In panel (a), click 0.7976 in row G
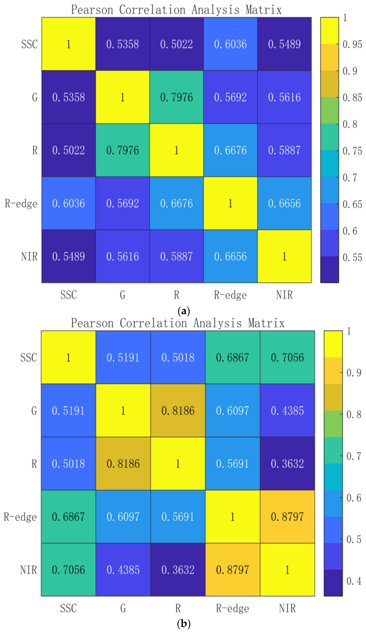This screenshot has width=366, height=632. coord(176,97)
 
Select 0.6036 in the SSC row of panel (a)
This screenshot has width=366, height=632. coord(230,44)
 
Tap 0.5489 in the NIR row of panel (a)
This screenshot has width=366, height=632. coord(68,256)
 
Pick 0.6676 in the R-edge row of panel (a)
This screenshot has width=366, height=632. coord(176,203)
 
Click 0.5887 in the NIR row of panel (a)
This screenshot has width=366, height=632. coord(176,256)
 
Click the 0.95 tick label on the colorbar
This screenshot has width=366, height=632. coord(352,44)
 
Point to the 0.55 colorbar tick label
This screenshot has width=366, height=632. coord(352,258)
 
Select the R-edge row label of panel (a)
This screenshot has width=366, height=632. coord(21,203)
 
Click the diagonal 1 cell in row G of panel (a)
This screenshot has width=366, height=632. coord(122,97)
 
